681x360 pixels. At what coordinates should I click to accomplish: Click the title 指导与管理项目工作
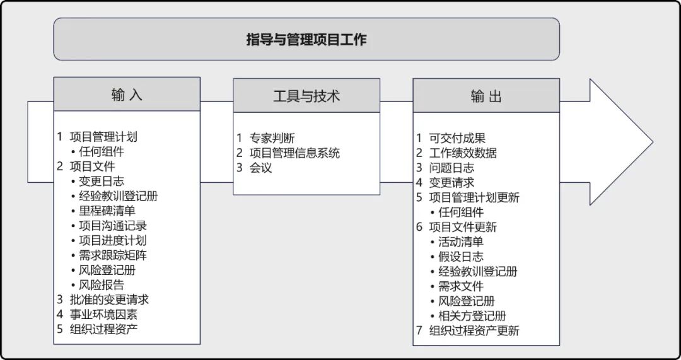(x=306, y=40)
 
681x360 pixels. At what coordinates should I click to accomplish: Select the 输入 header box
(x=127, y=95)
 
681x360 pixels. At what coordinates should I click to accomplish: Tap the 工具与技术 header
(x=306, y=96)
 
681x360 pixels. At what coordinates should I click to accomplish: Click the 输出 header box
(x=486, y=96)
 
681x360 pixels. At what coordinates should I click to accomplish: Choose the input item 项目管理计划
(x=103, y=137)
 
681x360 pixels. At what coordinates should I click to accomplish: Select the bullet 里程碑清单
(x=107, y=211)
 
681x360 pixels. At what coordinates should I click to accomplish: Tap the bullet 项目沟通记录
(x=113, y=226)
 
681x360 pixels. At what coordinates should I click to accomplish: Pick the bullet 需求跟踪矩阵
(x=113, y=255)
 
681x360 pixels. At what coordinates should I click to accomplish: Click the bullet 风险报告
(x=102, y=285)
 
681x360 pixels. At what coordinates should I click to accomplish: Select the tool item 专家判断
(x=272, y=138)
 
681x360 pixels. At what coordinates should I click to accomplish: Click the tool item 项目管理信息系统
(x=294, y=153)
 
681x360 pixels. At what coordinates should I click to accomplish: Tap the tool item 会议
(x=260, y=168)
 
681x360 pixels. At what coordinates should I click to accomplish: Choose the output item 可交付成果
(x=457, y=138)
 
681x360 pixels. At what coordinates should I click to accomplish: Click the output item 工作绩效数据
(x=463, y=153)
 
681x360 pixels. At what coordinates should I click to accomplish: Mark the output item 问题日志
(x=451, y=168)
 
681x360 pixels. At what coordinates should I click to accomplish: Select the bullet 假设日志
(x=461, y=257)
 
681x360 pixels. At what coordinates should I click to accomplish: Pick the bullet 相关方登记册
(x=472, y=316)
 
